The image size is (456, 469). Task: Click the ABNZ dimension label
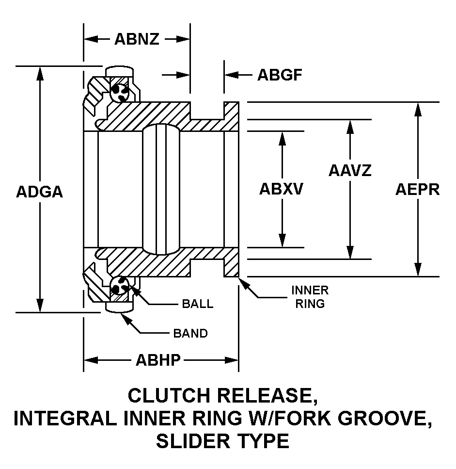coord(137,39)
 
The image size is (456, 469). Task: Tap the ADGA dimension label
coord(40,192)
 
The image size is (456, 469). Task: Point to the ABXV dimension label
coord(281,189)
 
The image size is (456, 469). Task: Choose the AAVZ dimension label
coord(350,170)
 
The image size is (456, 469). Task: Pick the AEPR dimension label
coord(417,189)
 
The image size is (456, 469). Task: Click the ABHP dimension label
coord(158,360)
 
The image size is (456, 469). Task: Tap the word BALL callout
coord(197,304)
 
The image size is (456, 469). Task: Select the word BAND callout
coord(190,333)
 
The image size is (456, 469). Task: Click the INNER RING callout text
coord(310,297)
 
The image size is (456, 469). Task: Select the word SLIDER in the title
coord(197,441)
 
